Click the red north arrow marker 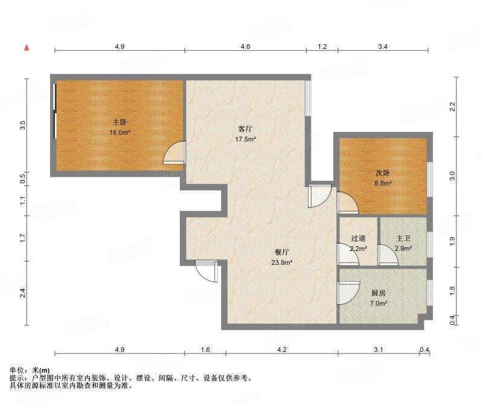point(27,47)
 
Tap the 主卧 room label point(120,122)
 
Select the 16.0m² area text point(120,132)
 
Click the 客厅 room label point(246,128)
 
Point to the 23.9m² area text point(281,263)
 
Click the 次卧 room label point(383,172)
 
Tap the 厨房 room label point(379,293)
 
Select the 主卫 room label point(403,238)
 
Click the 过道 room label point(358,238)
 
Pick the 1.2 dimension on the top point(322,47)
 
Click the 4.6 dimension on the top point(245,47)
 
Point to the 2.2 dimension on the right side point(452,107)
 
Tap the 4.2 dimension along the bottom point(282,350)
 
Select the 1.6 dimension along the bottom point(205,350)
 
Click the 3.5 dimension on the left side point(22,125)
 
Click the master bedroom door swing point(174,152)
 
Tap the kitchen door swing point(349,293)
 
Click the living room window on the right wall point(308,99)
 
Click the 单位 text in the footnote point(17,370)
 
